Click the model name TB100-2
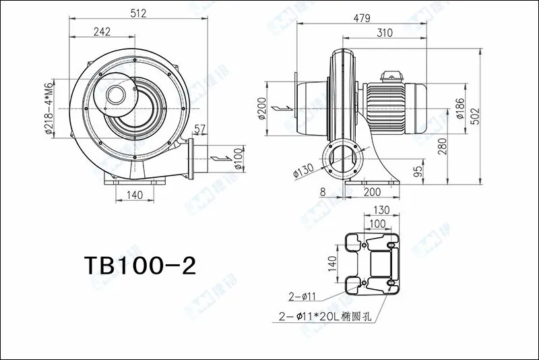click(139, 265)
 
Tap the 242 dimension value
click(102, 32)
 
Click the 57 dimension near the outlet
click(200, 129)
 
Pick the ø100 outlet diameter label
click(237, 159)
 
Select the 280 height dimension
click(443, 146)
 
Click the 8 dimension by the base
click(323, 192)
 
